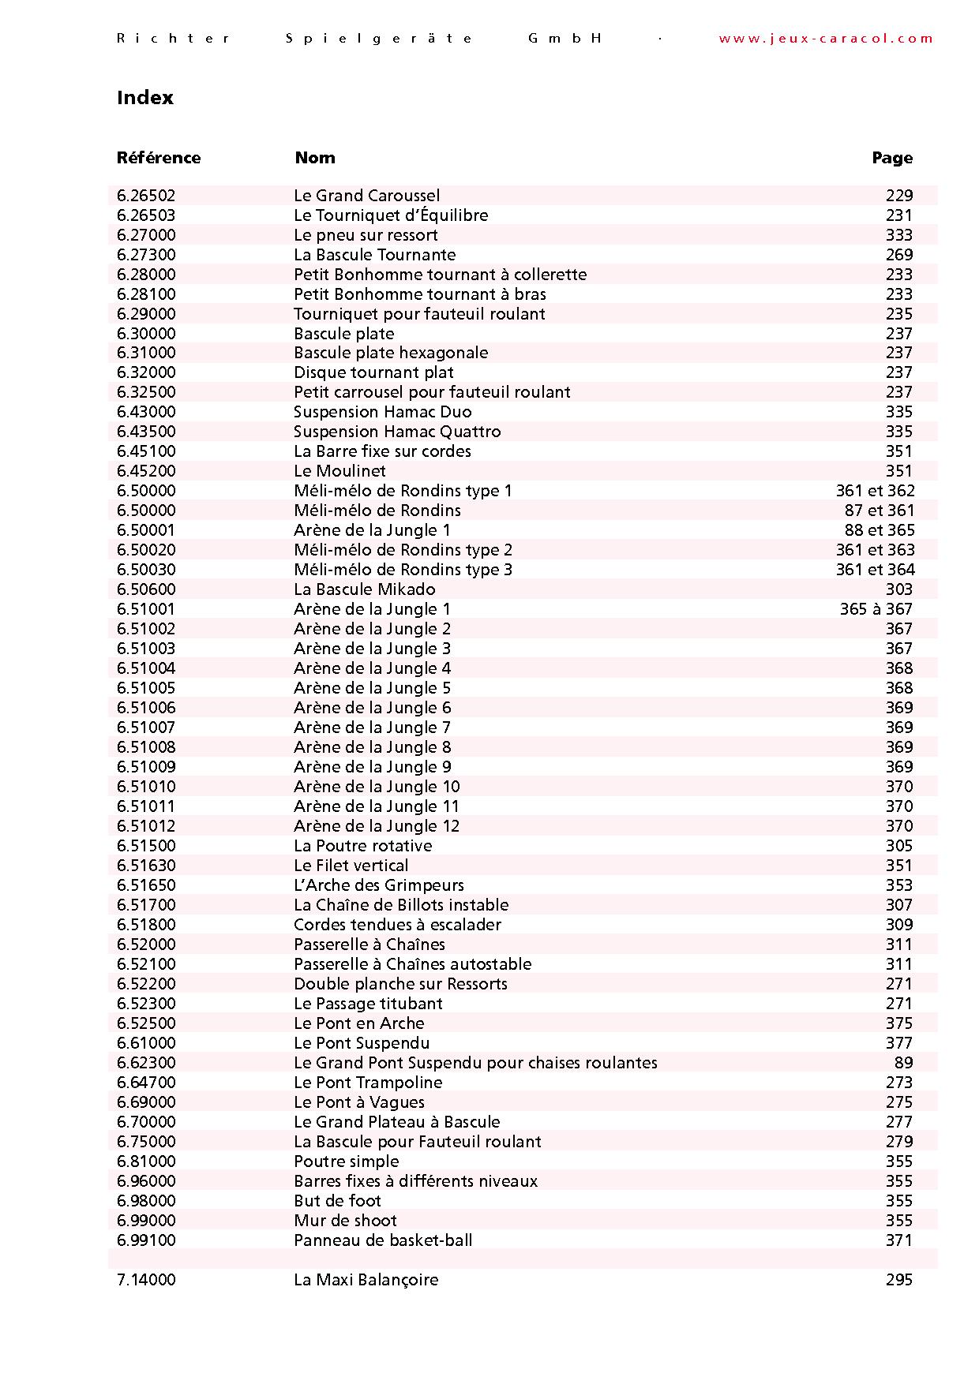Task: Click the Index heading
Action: pyautogui.click(x=145, y=98)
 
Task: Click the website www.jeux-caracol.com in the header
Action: pyautogui.click(x=826, y=39)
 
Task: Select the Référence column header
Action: pyautogui.click(x=159, y=158)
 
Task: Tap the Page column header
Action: pyautogui.click(x=892, y=158)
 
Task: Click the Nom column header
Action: pyautogui.click(x=315, y=158)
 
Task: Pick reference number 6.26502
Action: pyautogui.click(x=146, y=196)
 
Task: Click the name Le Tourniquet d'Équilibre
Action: pyautogui.click(x=391, y=215)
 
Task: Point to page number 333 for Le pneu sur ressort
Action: pyautogui.click(x=898, y=235)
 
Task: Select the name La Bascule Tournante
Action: pyautogui.click(x=375, y=255)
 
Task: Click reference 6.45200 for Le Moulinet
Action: pyautogui.click(x=146, y=471)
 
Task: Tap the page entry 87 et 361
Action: pyautogui.click(x=880, y=511)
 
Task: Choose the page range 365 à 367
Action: pyautogui.click(x=876, y=609)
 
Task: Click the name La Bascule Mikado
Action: pyautogui.click(x=365, y=589)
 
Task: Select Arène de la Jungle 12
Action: pyautogui.click(x=377, y=826)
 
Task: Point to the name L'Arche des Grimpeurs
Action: pyautogui.click(x=379, y=885)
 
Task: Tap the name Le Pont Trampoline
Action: pyautogui.click(x=368, y=1083)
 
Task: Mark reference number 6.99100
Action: pyautogui.click(x=146, y=1240)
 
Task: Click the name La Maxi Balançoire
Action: pyautogui.click(x=366, y=1280)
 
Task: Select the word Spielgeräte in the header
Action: pyautogui.click(x=380, y=39)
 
